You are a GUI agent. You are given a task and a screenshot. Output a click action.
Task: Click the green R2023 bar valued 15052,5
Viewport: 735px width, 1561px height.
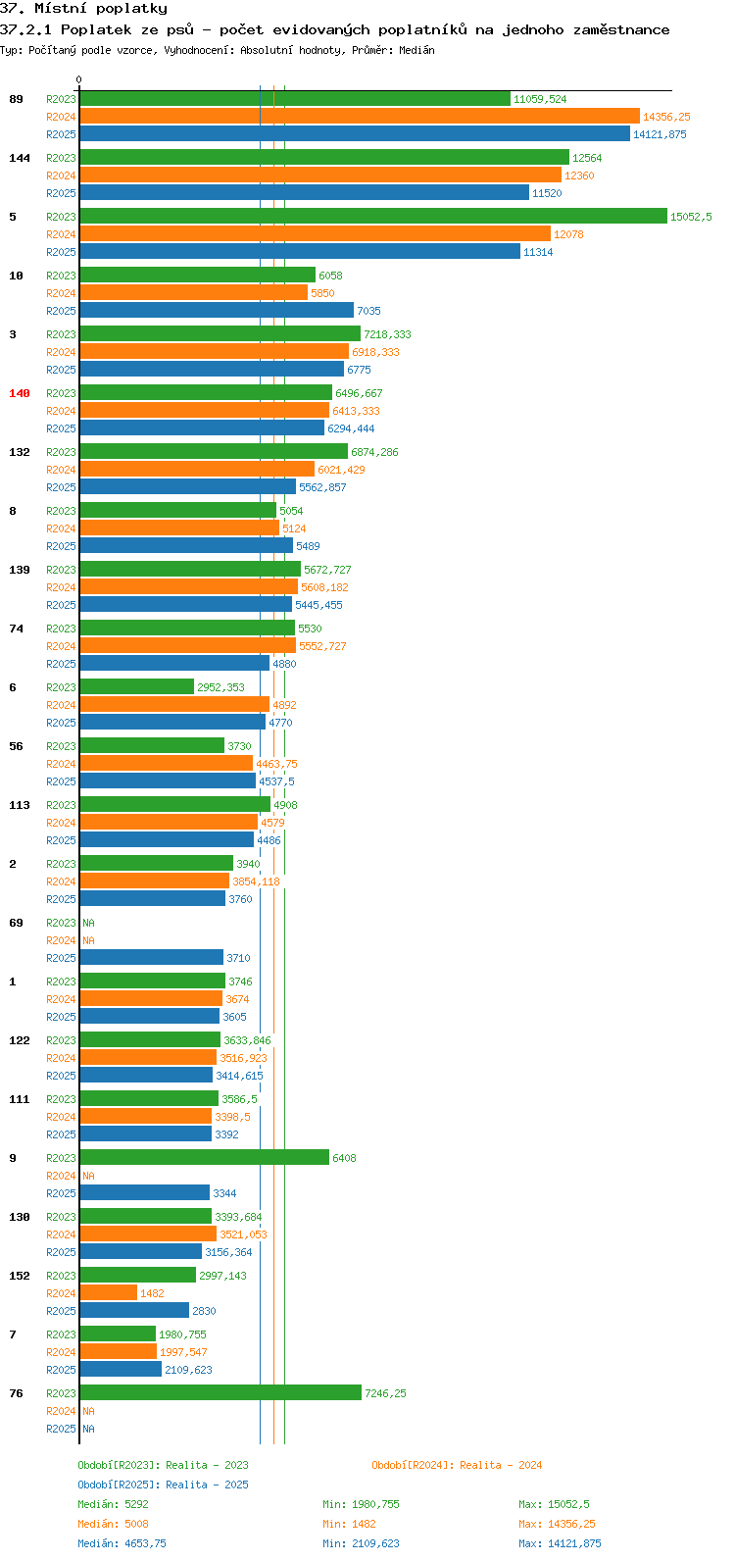pos(373,217)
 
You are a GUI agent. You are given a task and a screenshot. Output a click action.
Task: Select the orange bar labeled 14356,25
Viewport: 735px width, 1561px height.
pos(360,117)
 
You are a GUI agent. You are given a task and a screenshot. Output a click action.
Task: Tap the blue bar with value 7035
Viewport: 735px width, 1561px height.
pos(217,311)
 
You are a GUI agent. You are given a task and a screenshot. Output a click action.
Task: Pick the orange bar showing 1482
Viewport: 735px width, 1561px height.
pos(109,1293)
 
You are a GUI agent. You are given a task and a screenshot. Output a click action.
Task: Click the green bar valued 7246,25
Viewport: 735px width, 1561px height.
pos(220,1393)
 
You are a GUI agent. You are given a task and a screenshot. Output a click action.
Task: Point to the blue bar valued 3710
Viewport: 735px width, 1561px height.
pos(152,958)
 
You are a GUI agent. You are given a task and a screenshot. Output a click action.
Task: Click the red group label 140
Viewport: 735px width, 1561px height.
pos(20,394)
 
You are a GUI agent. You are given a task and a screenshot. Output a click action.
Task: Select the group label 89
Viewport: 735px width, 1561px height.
pos(16,99)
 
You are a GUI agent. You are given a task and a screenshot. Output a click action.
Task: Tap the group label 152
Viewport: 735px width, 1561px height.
pos(20,1276)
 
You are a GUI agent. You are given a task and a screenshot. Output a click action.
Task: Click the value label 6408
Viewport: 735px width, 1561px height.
pos(344,1158)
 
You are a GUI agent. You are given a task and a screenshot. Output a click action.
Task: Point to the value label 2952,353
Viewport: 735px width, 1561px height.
pos(220,687)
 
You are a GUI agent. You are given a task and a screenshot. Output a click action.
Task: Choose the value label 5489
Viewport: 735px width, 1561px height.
pos(308,546)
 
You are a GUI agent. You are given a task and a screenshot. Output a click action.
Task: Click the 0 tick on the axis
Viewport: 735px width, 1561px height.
pos(78,79)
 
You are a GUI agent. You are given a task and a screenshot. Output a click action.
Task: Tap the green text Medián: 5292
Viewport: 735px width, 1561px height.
pos(113,1504)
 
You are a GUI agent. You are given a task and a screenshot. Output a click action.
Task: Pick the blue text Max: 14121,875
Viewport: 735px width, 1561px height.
pos(560,1543)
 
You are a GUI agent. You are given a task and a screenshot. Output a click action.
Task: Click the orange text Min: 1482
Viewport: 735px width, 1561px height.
pos(349,1524)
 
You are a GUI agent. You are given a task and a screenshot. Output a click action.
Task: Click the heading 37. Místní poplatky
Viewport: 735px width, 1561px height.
pos(83,9)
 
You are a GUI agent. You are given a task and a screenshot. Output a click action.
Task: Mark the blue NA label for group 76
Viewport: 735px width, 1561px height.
pos(88,1429)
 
